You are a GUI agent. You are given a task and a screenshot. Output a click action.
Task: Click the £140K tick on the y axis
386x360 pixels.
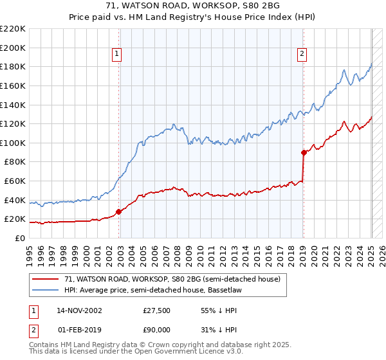pos(13,105)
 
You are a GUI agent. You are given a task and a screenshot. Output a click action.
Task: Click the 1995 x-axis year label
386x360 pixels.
pos(30,249)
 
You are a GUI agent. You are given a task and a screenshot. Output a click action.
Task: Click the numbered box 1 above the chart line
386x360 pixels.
pos(117,55)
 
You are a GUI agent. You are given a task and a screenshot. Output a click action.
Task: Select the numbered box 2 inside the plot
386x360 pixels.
pos(302,55)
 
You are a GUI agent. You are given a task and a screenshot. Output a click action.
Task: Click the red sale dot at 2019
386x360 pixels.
pos(303,152)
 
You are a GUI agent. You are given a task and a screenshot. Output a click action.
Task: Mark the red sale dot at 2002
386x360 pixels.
pos(118,212)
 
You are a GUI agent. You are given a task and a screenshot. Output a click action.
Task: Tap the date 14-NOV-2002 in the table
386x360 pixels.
pos(80,310)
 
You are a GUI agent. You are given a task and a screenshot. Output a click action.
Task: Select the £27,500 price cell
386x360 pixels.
pos(156,310)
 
